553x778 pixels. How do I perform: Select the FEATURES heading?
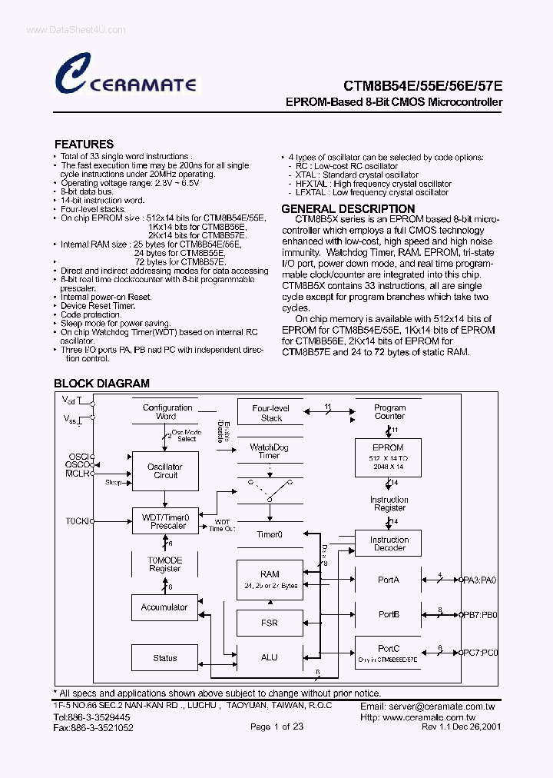coord(84,144)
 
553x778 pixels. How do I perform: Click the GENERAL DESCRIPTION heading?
coord(348,209)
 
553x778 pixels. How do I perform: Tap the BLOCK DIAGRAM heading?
coord(101,383)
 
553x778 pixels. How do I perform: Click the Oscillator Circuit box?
coord(165,471)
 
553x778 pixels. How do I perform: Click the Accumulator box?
coord(164,607)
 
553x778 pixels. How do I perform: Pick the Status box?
coord(164,658)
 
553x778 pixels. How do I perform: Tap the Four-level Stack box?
coord(271,413)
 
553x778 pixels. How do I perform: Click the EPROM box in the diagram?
coord(388,457)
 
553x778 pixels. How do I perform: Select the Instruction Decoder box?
coord(389,544)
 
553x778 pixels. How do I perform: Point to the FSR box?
coord(270,623)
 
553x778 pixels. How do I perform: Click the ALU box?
coord(270,657)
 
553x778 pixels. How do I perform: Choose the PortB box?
coord(389,615)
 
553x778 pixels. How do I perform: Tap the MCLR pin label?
coord(77,474)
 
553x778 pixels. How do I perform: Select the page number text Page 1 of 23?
coord(276,726)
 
